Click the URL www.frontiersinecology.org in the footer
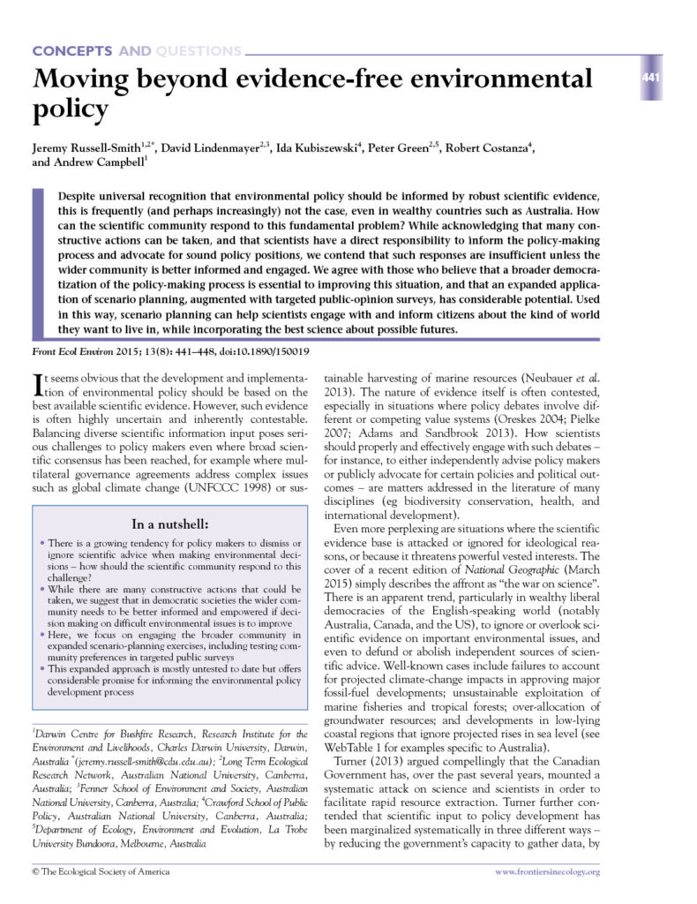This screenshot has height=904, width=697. point(546,872)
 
